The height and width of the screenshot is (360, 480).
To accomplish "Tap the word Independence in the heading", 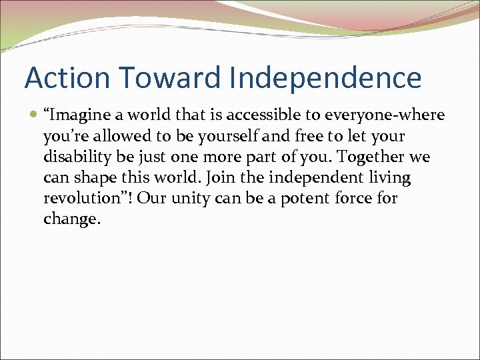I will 325,78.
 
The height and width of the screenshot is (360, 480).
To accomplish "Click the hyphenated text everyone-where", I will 385,115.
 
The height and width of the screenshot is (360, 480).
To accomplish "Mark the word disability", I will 74,157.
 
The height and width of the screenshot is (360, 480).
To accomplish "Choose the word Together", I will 369,157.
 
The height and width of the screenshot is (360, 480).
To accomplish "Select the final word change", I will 71,219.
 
